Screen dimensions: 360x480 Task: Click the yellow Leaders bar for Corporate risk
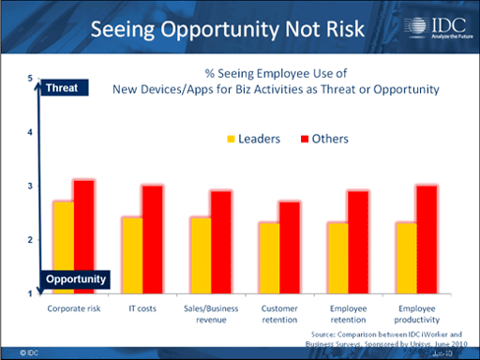click(x=64, y=247)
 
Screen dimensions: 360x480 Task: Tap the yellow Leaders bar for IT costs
click(x=131, y=255)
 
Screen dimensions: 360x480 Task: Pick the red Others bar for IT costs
click(x=153, y=239)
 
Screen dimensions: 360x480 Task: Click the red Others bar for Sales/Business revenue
click(x=220, y=242)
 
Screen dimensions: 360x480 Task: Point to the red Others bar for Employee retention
click(x=355, y=242)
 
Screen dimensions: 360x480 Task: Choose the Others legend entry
click(x=323, y=139)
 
